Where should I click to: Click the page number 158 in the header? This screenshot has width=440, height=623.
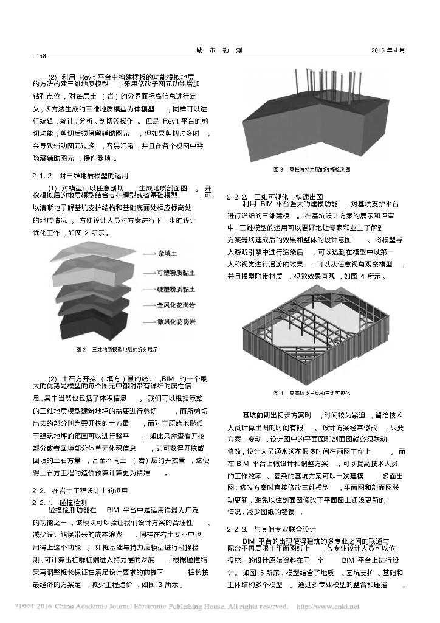(x=41, y=57)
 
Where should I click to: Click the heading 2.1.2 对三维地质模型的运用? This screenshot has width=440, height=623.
(x=79, y=175)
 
